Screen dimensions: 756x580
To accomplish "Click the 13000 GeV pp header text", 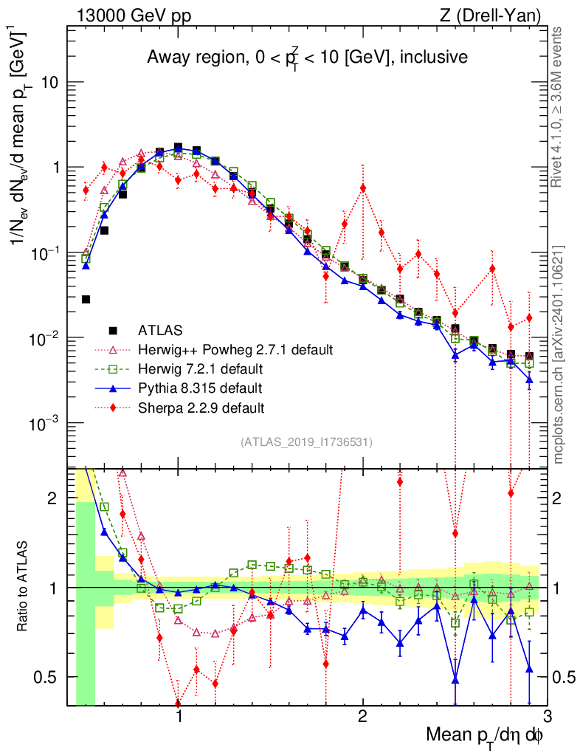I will (x=133, y=14).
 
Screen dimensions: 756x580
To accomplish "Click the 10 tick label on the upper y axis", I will (x=49, y=83).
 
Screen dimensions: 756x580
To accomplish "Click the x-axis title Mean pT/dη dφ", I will (x=486, y=736).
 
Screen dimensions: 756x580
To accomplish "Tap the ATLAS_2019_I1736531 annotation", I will (x=306, y=442).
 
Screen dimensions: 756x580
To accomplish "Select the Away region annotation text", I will (x=306, y=58).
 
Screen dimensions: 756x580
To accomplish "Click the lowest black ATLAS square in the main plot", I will (x=86, y=299).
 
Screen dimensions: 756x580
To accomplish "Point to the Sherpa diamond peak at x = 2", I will (x=362, y=188).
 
